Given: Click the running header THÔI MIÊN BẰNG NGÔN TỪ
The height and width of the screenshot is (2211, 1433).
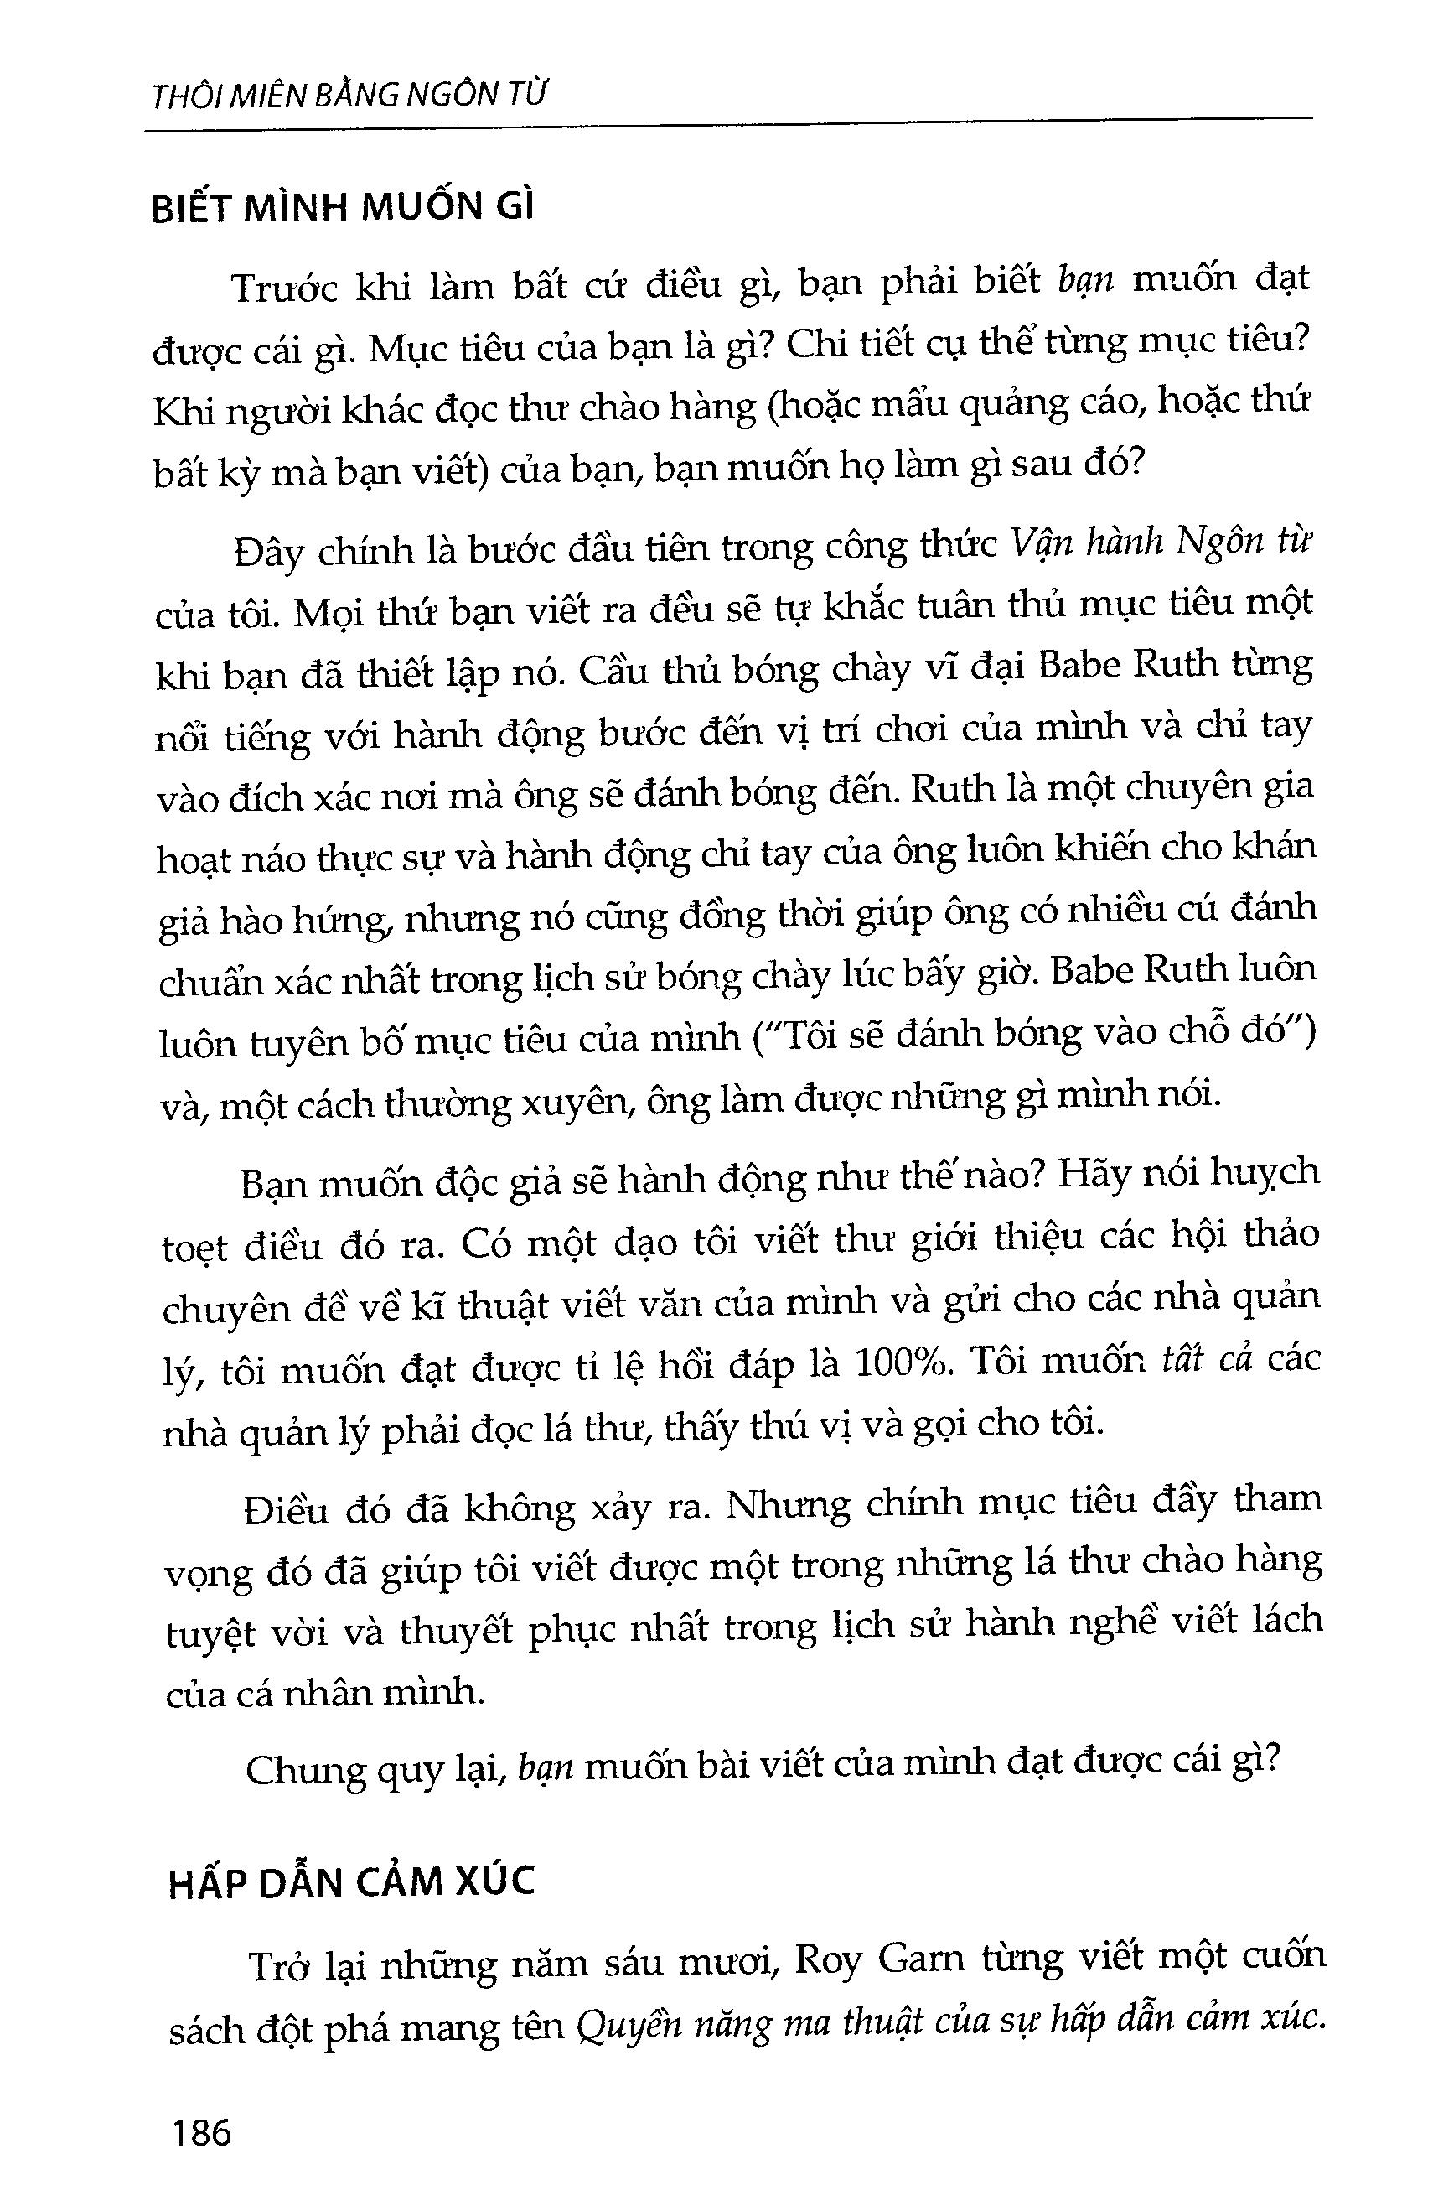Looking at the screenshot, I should click(x=349, y=96).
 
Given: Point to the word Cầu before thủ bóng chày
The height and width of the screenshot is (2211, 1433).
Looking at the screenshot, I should click(x=612, y=669).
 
